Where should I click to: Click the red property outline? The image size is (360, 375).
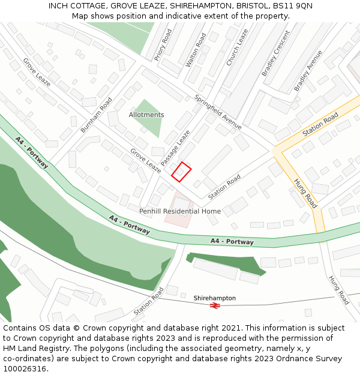[181, 172]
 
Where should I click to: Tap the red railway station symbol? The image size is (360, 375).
[215, 305]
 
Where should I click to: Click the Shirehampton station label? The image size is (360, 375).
[214, 298]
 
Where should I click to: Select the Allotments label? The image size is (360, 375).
[146, 115]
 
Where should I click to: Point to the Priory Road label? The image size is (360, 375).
[163, 44]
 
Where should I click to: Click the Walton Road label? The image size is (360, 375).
[196, 49]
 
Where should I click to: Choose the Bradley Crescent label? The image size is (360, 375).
[275, 53]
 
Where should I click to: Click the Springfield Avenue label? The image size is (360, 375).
[217, 111]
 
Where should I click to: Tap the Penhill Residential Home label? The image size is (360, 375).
[180, 211]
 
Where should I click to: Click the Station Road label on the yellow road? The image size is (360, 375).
[320, 124]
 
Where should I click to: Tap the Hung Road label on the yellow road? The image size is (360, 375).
[305, 192]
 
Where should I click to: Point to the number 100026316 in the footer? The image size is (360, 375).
[26, 369]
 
